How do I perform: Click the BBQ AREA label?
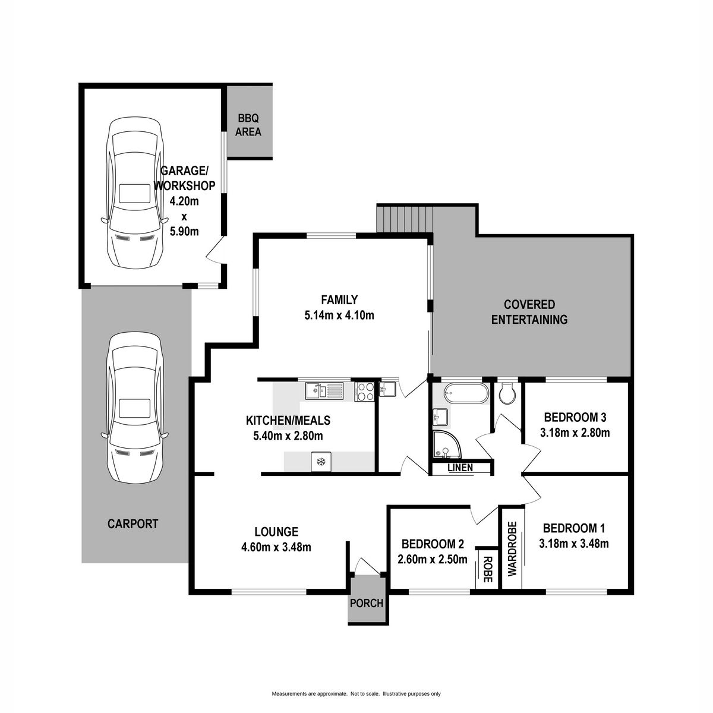248,125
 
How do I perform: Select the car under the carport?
134,408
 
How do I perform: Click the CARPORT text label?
133,524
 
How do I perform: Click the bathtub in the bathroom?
466,393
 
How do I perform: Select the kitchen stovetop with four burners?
365,392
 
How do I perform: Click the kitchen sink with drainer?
324,391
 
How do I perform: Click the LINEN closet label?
460,468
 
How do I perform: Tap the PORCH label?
367,603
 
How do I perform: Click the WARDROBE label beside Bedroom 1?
512,549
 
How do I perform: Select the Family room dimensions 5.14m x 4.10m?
339,316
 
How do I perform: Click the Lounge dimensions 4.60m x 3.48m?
276,547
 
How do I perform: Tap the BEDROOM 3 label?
575,417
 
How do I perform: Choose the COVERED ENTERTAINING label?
529,312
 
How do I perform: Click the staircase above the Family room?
405,219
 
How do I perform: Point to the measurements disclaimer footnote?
356,683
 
